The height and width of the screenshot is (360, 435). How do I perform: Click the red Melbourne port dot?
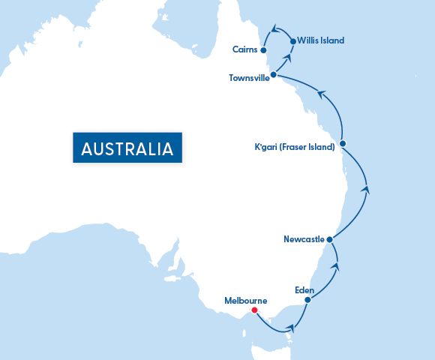click(x=254, y=310)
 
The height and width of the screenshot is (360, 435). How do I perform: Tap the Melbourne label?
click(x=246, y=301)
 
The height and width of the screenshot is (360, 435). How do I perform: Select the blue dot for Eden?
click(x=307, y=300)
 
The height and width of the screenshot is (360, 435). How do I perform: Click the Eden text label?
click(x=304, y=289)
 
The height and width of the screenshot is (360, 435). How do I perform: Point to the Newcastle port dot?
click(x=329, y=239)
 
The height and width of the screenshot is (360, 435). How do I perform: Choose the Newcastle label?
click(x=304, y=239)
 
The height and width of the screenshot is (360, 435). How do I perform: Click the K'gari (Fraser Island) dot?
click(x=342, y=143)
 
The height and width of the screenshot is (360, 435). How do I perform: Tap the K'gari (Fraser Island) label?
click(x=295, y=146)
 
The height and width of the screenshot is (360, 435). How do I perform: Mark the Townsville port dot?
click(x=273, y=75)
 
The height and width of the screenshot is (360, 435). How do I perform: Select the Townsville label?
click(x=249, y=78)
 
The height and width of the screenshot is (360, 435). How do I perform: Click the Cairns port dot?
click(x=263, y=50)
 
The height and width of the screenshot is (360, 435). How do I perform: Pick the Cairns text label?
click(x=245, y=50)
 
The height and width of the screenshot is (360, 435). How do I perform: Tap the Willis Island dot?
click(x=292, y=40)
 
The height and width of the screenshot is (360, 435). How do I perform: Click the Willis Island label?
click(x=321, y=40)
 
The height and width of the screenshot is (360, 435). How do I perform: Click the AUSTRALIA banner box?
click(x=127, y=147)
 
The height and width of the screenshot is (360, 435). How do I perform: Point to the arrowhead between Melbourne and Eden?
click(x=290, y=327)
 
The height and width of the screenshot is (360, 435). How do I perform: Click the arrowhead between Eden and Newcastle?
click(x=335, y=265)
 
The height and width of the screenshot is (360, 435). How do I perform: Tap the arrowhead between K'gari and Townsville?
click(x=321, y=94)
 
